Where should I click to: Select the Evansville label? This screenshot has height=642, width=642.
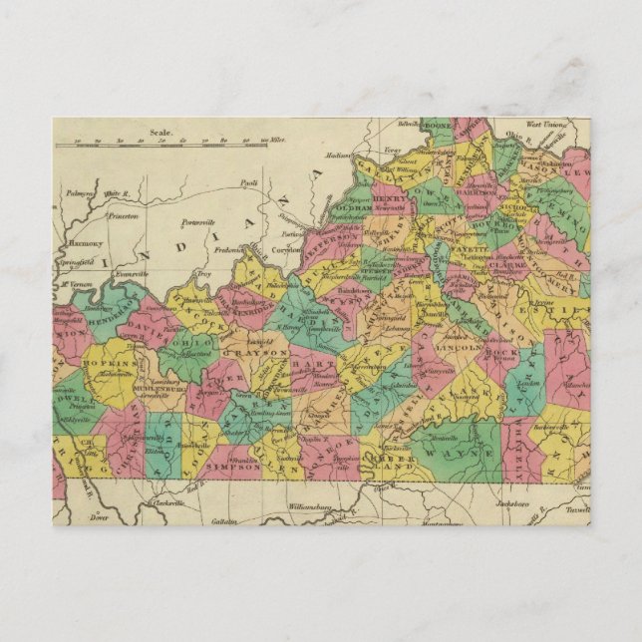tap(131, 271)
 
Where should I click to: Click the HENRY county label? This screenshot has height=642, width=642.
tap(392, 199)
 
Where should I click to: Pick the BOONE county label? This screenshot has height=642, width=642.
tap(437, 129)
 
